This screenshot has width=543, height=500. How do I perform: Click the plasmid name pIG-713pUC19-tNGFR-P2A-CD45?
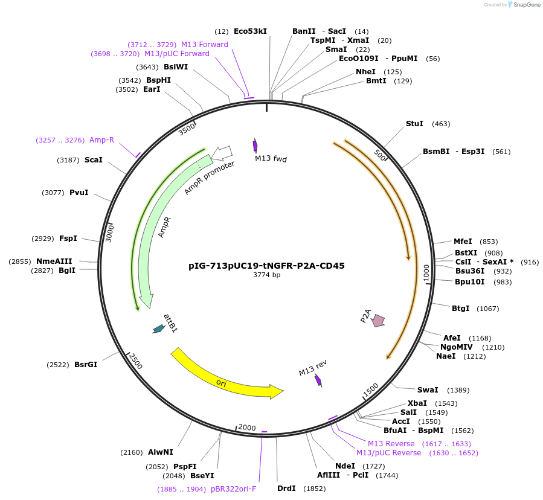coord(266,265)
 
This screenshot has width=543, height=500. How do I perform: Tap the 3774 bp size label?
coord(266,275)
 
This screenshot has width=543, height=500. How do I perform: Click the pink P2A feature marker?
coord(379,321)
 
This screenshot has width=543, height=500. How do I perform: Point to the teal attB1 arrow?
coord(158,329)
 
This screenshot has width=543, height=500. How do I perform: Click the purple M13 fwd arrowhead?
coord(255,146)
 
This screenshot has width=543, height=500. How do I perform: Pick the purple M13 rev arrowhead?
coord(318,380)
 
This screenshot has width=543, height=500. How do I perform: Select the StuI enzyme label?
coord(414,124)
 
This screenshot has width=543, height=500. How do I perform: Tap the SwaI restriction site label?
coord(428,390)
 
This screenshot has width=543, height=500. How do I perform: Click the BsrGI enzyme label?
coord(86,365)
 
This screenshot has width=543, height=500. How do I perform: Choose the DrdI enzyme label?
coord(286,488)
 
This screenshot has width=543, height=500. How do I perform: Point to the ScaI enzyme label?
coord(94,160)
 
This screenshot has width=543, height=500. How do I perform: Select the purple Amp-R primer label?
coord(101,140)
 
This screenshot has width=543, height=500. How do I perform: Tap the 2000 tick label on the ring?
coord(246,428)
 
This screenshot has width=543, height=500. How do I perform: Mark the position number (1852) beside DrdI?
coord(314,488)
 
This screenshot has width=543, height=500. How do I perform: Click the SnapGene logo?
coord(524,5)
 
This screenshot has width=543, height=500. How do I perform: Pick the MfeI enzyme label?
coord(463,242)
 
